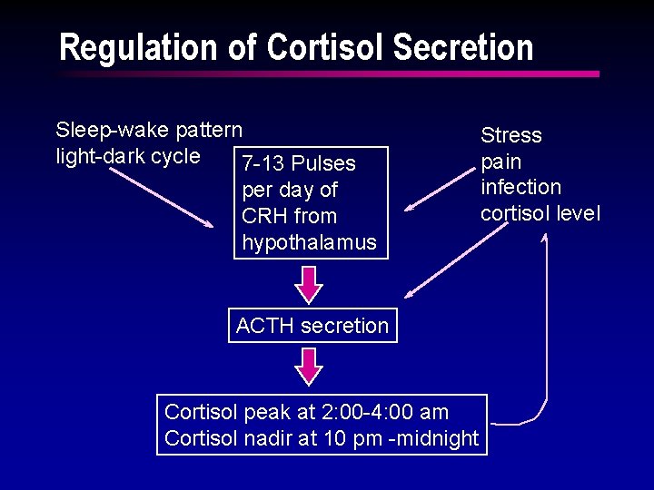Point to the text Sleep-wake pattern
(x=149, y=130)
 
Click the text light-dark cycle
(x=128, y=156)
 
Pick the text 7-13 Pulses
(x=298, y=164)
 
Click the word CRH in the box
(x=263, y=217)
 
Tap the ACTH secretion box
(x=312, y=326)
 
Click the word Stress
(x=510, y=136)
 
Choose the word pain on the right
(x=500, y=162)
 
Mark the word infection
(x=520, y=187)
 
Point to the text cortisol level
(x=540, y=213)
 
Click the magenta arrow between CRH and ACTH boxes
(x=310, y=284)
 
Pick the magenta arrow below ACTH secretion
(x=310, y=367)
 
